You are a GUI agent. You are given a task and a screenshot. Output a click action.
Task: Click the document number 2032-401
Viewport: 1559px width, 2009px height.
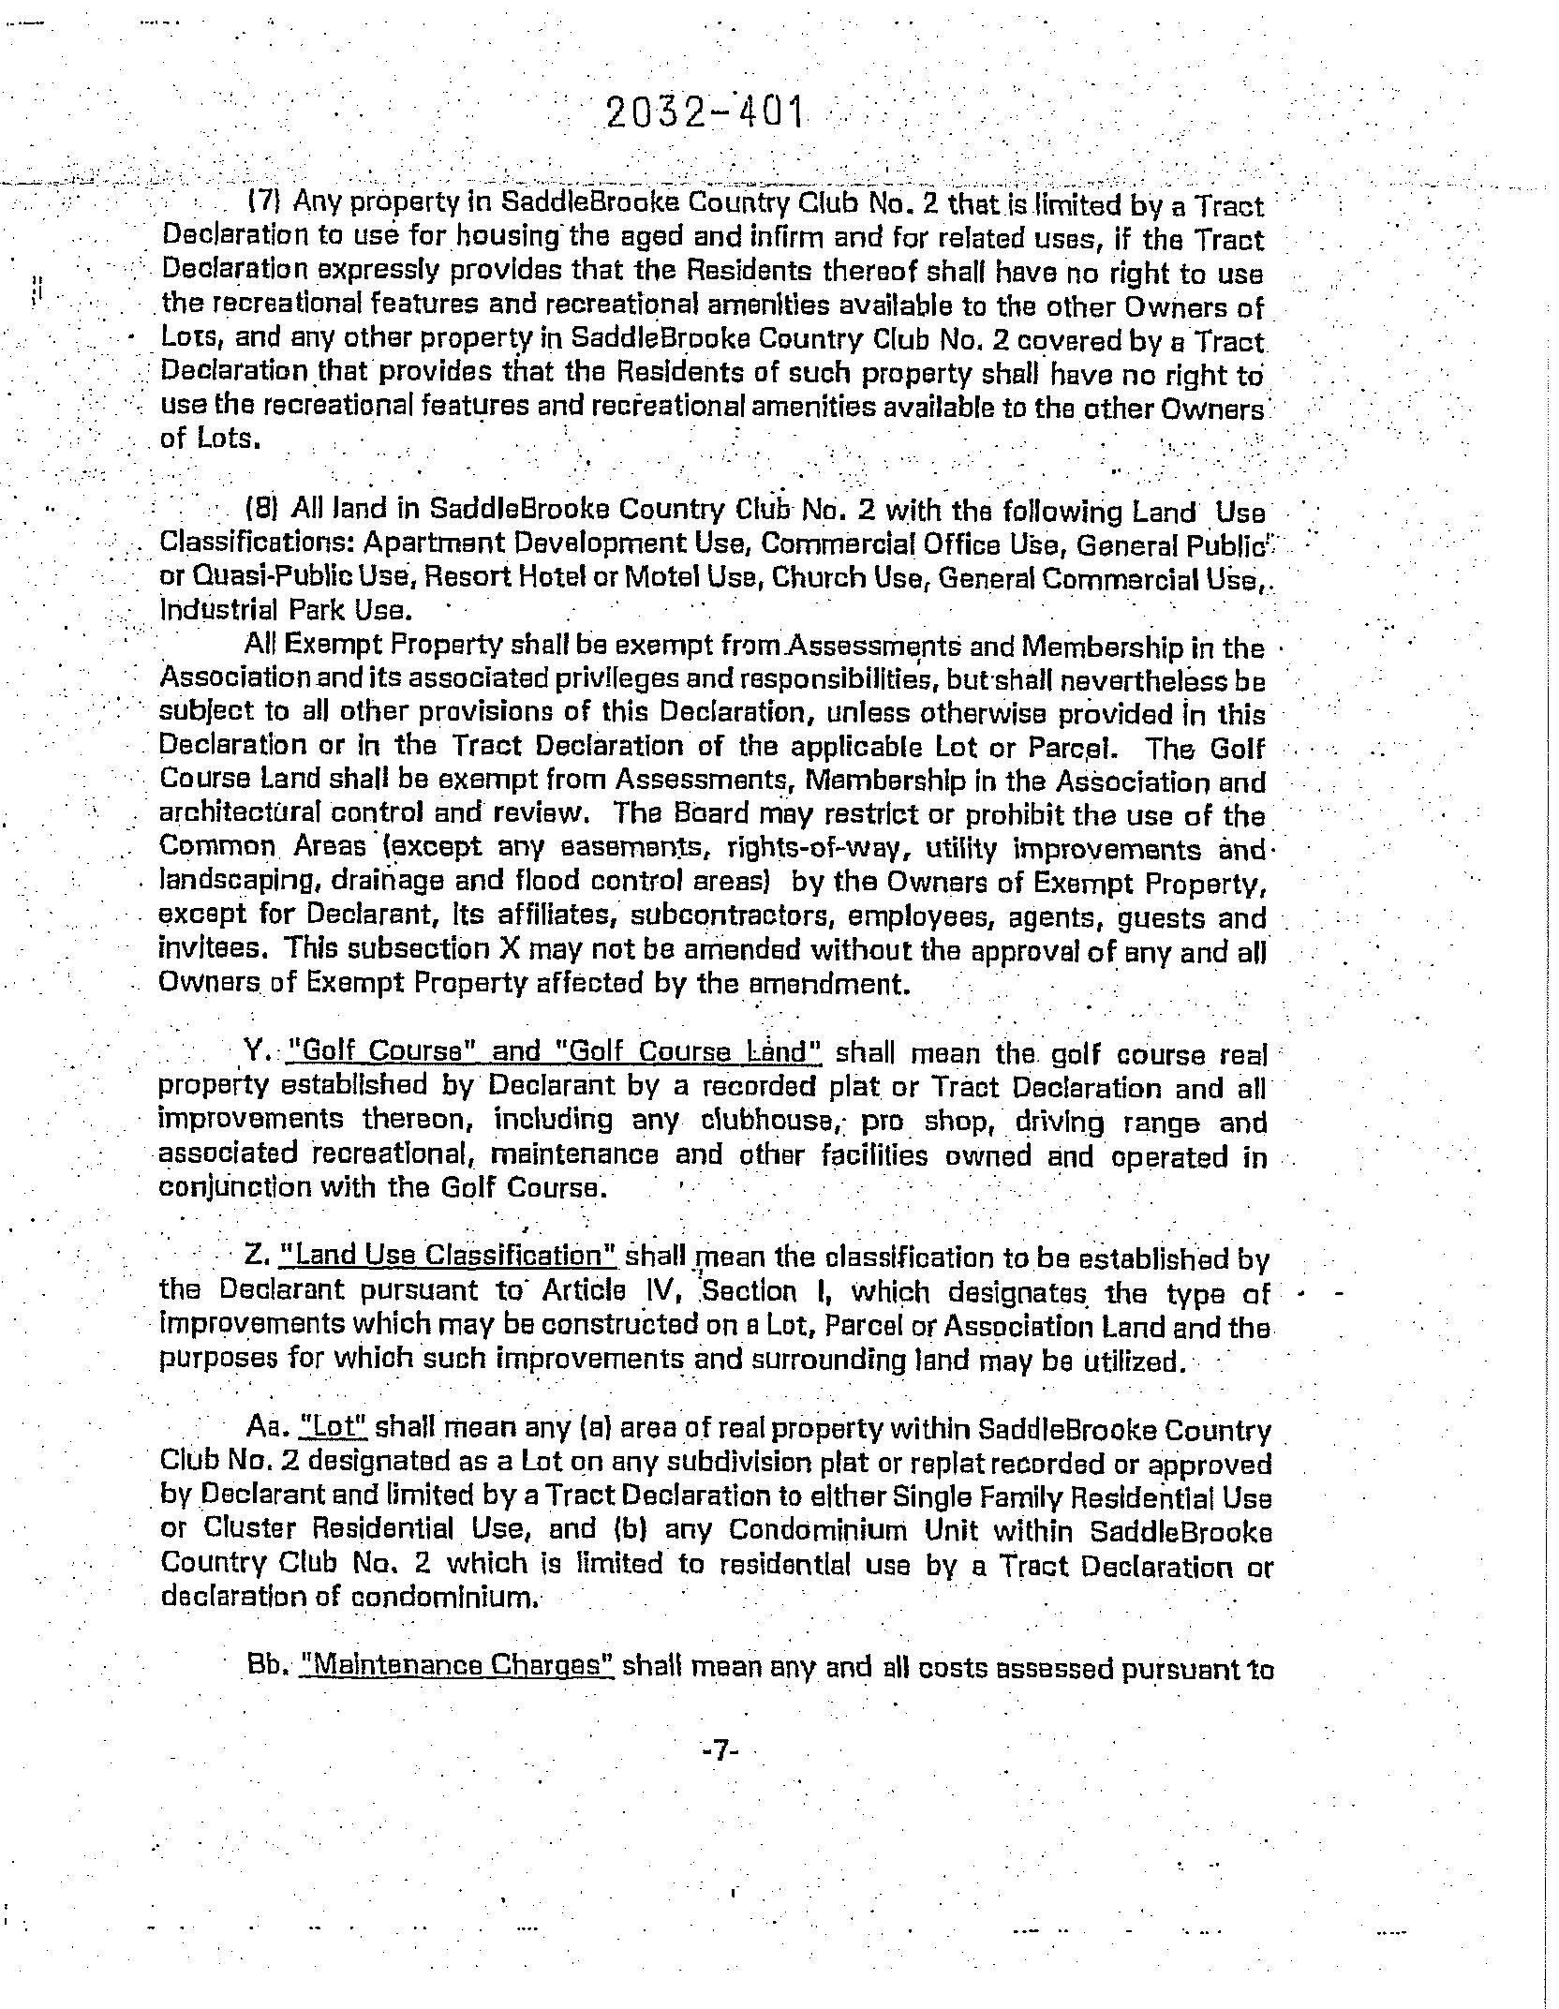tap(705, 113)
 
